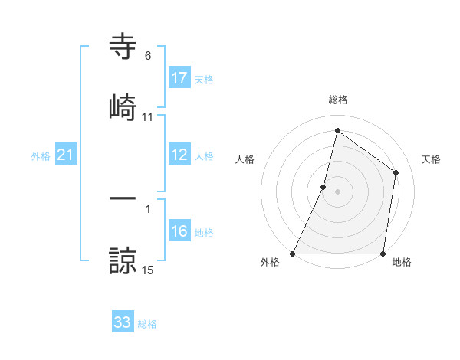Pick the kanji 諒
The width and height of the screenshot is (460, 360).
click(x=123, y=260)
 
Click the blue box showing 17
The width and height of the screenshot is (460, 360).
click(x=179, y=78)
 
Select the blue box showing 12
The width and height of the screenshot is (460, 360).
click(x=179, y=155)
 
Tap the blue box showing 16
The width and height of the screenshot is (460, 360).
click(x=179, y=231)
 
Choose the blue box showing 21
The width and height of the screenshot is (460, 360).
click(x=66, y=155)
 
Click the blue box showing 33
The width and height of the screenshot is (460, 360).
click(x=123, y=322)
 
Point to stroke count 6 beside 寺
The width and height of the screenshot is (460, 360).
click(x=148, y=55)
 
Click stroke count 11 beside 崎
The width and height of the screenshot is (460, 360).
click(x=148, y=116)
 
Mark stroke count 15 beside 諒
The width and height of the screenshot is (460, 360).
click(x=148, y=270)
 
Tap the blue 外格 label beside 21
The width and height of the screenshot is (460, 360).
click(x=41, y=156)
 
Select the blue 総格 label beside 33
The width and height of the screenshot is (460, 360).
click(x=147, y=324)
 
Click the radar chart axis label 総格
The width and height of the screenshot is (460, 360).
click(x=337, y=100)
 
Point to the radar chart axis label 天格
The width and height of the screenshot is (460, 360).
click(x=431, y=159)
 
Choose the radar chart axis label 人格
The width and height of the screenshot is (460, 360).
click(x=245, y=159)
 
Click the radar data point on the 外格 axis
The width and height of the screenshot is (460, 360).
click(x=293, y=253)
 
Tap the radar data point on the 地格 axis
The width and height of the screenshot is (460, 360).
click(x=383, y=253)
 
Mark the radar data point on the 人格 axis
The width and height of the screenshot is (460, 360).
click(x=324, y=186)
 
